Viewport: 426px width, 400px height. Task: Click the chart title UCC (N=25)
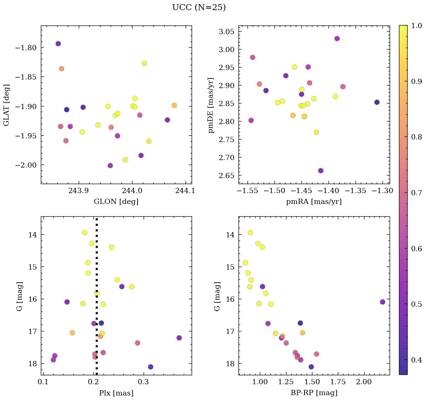click(199, 7)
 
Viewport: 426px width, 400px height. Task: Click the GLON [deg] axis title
click(116, 202)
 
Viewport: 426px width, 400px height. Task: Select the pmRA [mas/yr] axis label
click(313, 202)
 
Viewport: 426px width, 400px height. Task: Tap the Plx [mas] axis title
click(116, 393)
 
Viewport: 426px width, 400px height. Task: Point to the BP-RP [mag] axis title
click(313, 393)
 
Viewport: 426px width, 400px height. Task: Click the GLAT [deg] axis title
click(6, 105)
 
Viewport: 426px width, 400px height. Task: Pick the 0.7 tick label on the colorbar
click(414, 193)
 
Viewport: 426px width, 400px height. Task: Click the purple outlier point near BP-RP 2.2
click(382, 302)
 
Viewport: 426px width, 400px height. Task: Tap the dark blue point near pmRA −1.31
click(377, 102)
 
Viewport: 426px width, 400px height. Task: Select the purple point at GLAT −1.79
click(58, 44)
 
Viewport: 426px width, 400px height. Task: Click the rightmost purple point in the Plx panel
click(179, 338)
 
